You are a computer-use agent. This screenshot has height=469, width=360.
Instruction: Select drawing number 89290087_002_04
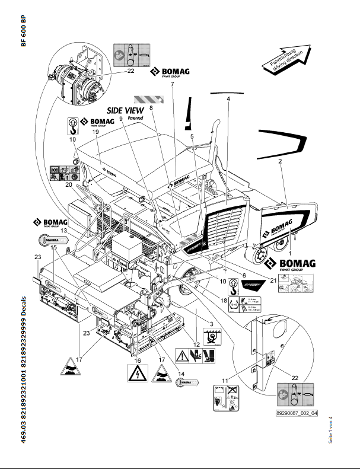pyautogui.click(x=297, y=414)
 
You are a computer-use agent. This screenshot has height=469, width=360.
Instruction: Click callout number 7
pyautogui.click(x=171, y=84)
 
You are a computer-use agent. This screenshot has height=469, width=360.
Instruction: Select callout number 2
pyautogui.click(x=279, y=161)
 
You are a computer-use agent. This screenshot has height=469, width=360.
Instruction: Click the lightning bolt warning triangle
pyautogui.click(x=138, y=374)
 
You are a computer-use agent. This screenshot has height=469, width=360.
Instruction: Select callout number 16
pyautogui.click(x=138, y=360)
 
